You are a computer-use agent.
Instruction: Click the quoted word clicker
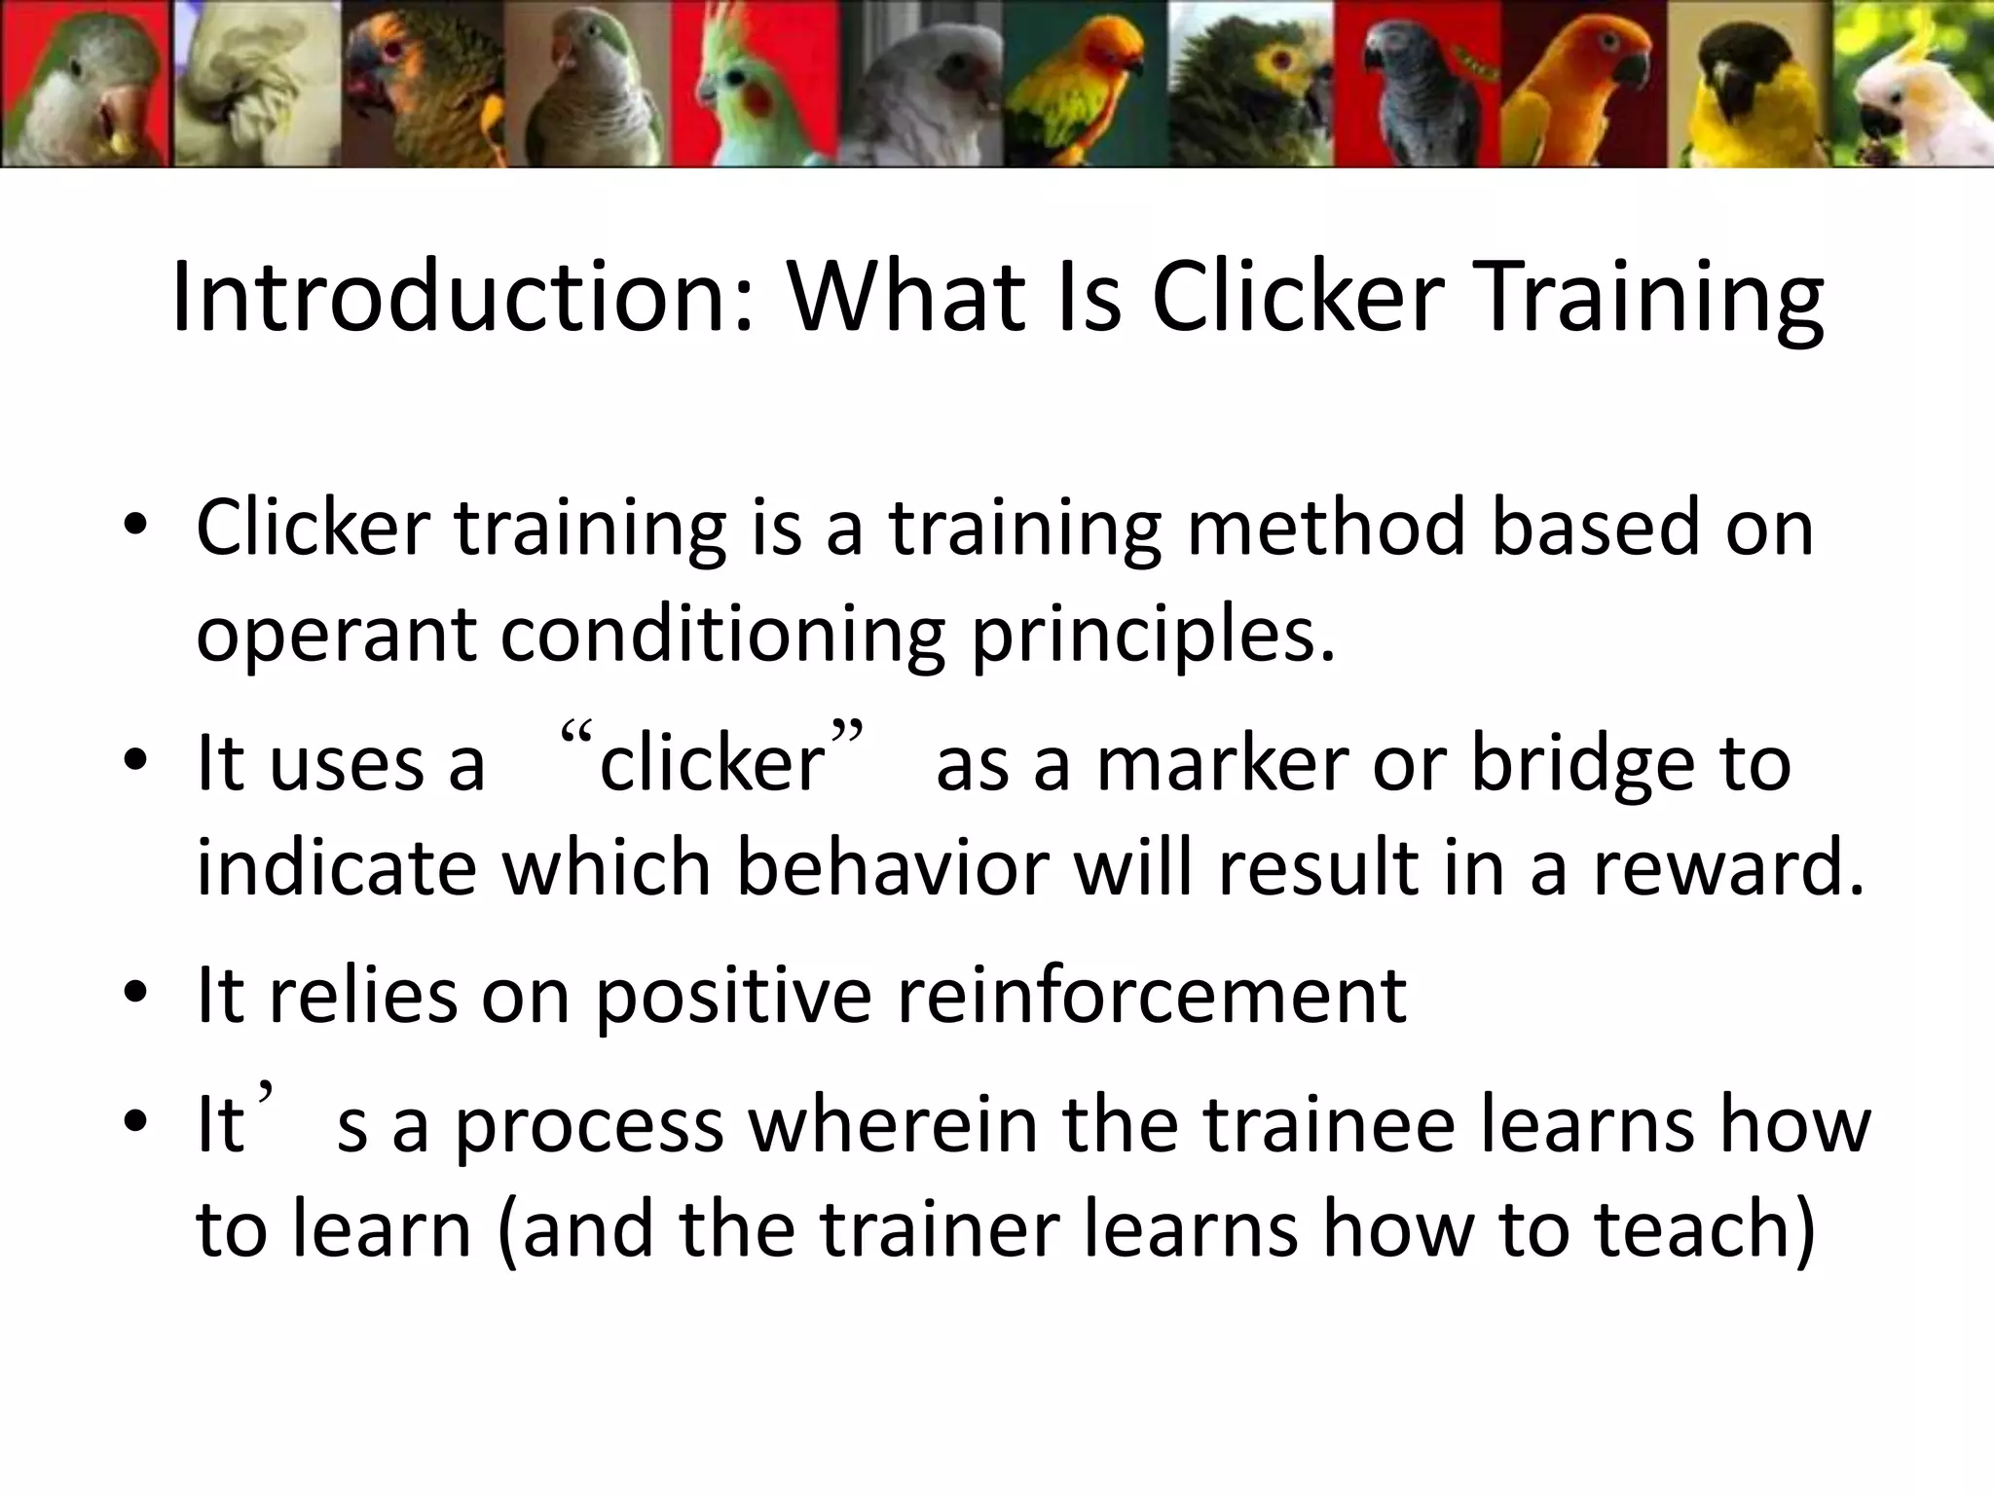[712, 763]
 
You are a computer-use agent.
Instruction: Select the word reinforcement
[1151, 997]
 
